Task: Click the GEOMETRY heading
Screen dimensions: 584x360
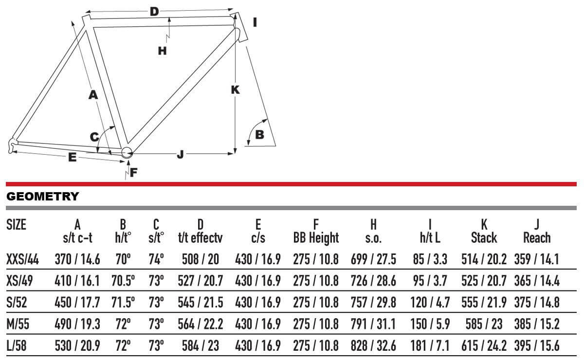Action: coord(42,196)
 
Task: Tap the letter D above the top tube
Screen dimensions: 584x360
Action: coord(154,12)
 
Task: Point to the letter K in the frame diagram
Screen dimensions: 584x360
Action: coord(235,90)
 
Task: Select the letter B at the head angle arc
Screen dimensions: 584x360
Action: coord(260,135)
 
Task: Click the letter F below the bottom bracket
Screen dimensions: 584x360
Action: coord(133,173)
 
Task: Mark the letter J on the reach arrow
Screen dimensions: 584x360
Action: coord(180,154)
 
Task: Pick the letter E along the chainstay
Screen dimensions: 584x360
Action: coord(72,158)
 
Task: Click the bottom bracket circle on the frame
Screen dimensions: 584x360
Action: coord(127,152)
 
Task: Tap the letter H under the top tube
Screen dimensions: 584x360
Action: coord(163,51)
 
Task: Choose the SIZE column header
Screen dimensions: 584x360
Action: coord(16,225)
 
